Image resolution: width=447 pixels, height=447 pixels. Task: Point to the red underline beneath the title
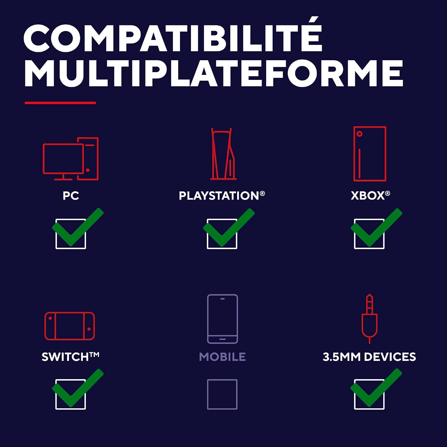click(60, 103)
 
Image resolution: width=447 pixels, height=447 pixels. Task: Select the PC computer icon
click(71, 159)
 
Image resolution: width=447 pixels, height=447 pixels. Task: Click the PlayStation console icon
click(223, 154)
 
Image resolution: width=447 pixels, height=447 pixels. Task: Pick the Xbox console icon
click(370, 154)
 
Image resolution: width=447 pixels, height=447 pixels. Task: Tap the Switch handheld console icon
click(70, 326)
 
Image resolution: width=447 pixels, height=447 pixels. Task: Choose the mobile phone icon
click(223, 319)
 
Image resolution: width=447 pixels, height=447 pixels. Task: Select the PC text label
click(71, 196)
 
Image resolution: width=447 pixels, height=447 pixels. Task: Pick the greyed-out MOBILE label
click(222, 357)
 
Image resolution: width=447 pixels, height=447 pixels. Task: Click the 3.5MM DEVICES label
click(369, 357)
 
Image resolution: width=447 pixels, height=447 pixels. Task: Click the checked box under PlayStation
click(222, 234)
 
